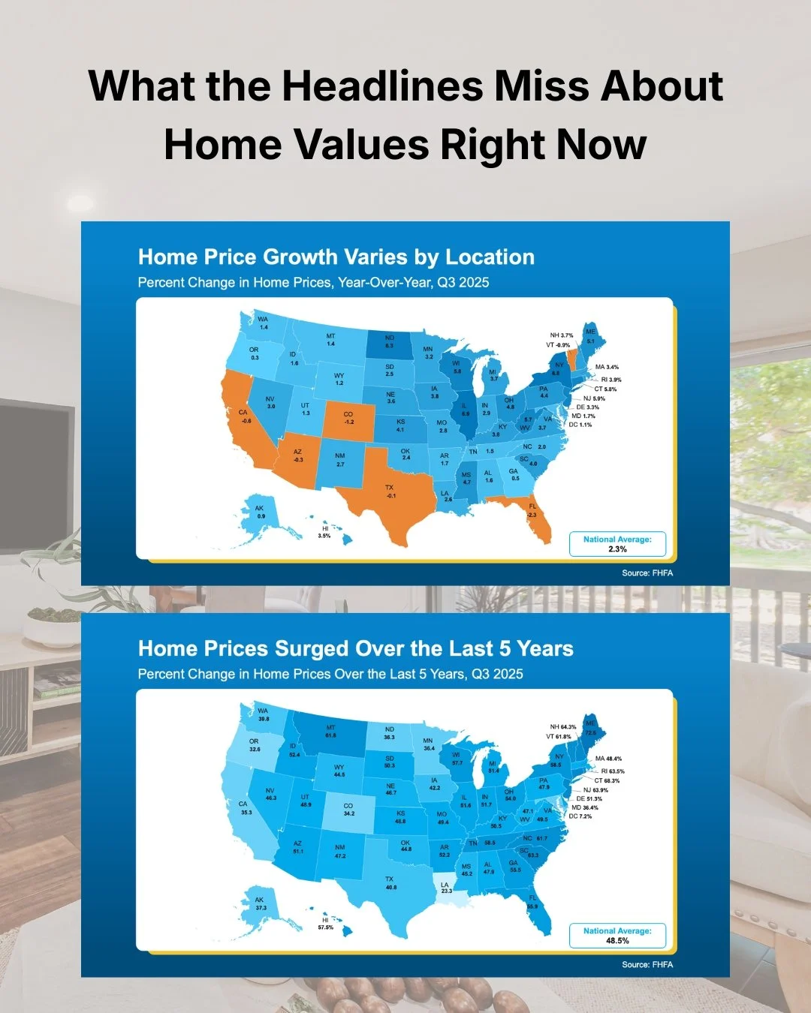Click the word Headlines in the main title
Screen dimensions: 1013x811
point(382,86)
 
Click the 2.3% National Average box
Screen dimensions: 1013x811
point(617,544)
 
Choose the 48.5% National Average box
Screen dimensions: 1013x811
point(617,936)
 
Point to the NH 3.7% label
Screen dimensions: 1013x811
point(561,335)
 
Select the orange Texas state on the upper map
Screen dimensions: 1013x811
point(387,499)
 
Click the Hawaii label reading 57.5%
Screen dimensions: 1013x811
point(325,924)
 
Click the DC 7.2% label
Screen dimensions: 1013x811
point(580,816)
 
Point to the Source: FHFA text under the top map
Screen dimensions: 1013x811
point(647,573)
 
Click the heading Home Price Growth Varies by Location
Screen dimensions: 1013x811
point(336,257)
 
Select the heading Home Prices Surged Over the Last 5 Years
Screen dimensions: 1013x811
point(355,649)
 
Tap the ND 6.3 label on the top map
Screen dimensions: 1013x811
point(389,341)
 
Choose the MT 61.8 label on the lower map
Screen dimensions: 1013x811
point(330,732)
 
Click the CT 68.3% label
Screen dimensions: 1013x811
point(607,780)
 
